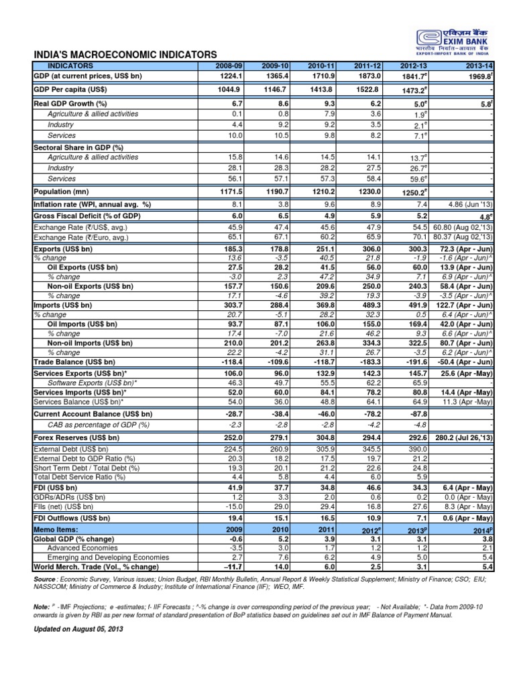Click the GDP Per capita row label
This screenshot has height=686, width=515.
[x=70, y=89]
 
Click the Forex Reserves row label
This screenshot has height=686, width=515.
[x=76, y=437]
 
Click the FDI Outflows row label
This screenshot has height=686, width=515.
[x=74, y=519]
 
